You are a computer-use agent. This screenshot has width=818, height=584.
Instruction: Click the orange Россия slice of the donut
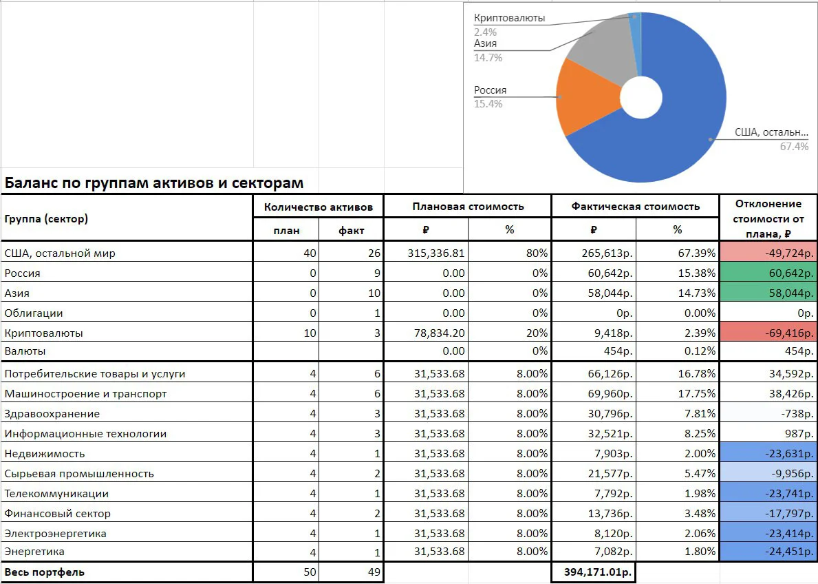pos(584,98)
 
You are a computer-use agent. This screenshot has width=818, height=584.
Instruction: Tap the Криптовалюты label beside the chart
pos(509,18)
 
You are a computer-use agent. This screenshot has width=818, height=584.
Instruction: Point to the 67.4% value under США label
pos(794,147)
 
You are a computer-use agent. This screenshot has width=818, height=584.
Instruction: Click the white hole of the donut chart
pos(641,98)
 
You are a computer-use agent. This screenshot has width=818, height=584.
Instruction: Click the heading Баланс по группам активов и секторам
pos(154,182)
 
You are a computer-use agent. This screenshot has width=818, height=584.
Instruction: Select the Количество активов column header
pos(319,207)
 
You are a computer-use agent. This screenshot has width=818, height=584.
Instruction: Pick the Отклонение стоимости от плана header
pos(768,219)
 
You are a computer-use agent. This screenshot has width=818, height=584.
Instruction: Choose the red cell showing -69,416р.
pos(768,333)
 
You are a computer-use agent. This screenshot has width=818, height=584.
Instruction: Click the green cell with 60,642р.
pos(768,273)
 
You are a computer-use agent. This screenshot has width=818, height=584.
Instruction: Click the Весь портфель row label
pos(44,572)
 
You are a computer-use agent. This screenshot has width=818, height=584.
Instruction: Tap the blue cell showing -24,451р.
pos(768,552)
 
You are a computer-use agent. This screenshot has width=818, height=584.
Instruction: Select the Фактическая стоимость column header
pos(636,207)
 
